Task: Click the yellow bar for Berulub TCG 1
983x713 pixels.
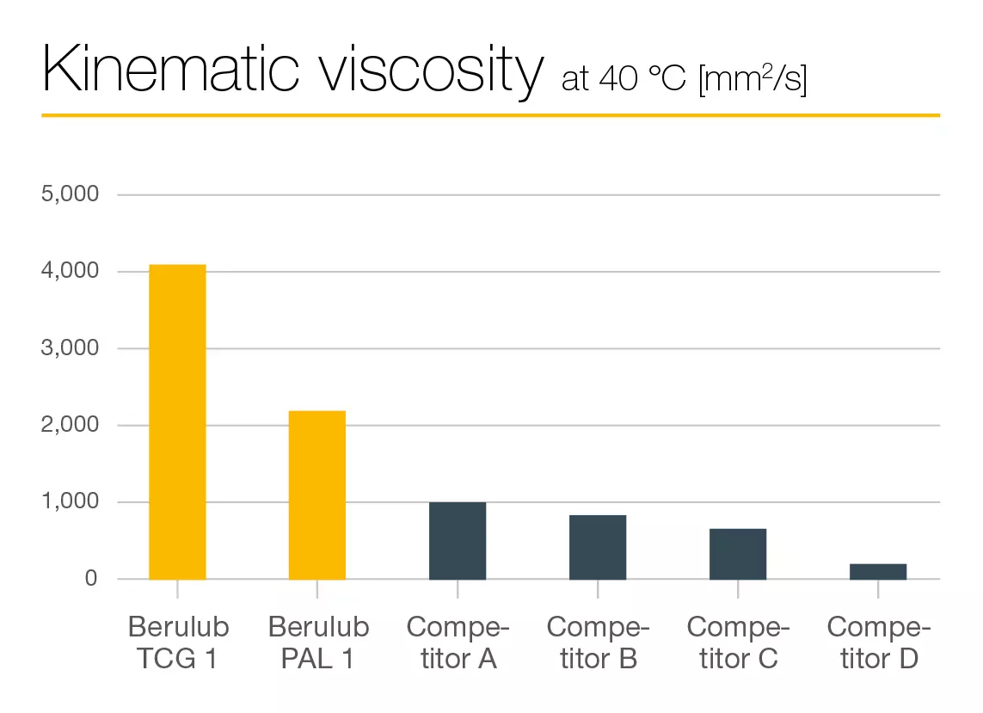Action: point(177,421)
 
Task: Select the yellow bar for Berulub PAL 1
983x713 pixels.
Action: point(317,495)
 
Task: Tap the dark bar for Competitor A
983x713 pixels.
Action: point(458,541)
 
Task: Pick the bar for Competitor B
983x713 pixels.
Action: point(598,547)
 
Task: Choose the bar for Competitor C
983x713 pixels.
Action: point(738,554)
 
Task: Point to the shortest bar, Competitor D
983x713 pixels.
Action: point(878,572)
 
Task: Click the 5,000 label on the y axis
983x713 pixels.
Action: point(71,194)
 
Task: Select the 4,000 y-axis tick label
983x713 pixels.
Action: point(71,272)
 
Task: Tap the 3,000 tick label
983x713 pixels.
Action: point(71,348)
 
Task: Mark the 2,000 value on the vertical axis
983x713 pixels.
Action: point(71,425)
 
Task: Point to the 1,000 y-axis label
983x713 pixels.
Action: point(71,502)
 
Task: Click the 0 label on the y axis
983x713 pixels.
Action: point(91,579)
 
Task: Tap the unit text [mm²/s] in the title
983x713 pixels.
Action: point(753,79)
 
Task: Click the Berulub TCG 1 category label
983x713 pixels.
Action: point(177,642)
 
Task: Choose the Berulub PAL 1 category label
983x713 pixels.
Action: point(318,642)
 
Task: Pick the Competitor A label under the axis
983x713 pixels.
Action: point(458,642)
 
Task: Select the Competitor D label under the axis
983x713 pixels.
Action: point(878,642)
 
